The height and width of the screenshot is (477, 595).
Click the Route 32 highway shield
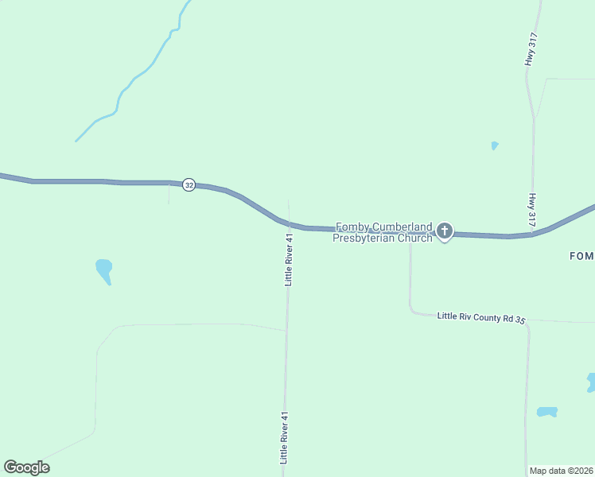click(x=189, y=184)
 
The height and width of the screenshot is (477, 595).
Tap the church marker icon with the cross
click(x=445, y=231)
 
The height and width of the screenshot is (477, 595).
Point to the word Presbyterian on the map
click(x=362, y=238)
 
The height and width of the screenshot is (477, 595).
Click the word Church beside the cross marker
click(x=413, y=238)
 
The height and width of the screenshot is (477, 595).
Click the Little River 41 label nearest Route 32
click(x=290, y=258)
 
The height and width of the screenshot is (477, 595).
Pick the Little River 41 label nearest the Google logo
click(x=283, y=437)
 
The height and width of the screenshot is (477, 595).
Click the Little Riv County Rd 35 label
click(x=481, y=317)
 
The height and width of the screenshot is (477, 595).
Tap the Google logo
click(x=26, y=467)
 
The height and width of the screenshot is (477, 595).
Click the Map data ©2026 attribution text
click(x=562, y=471)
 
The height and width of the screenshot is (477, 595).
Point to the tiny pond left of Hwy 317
click(x=495, y=145)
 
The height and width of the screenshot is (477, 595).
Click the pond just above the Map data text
click(x=546, y=412)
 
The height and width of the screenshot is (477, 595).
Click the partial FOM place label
click(x=581, y=256)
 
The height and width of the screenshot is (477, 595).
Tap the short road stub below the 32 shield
click(x=169, y=194)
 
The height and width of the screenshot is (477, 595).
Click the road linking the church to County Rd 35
click(x=410, y=274)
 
